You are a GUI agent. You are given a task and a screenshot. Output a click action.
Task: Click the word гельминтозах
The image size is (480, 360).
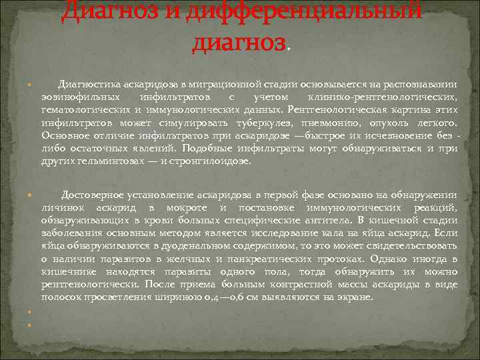(111, 161)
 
